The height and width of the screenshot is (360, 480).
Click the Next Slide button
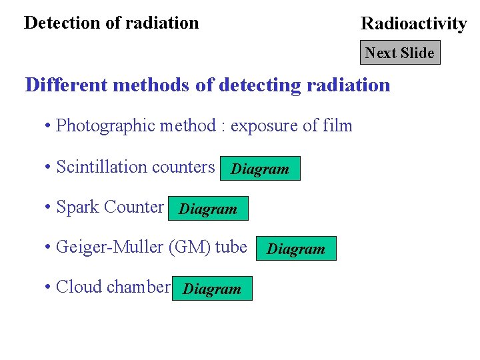400,53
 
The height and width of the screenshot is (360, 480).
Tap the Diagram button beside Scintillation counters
260,169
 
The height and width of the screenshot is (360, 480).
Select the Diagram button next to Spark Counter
208,209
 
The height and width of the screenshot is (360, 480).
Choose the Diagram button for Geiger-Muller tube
296,249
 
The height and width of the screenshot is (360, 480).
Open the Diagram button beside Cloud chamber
212,289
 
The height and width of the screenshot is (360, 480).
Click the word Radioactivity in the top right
413,24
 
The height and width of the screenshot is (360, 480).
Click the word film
337,125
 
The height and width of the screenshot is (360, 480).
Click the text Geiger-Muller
111,247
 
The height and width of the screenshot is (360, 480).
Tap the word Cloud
79,287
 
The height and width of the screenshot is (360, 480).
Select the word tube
231,247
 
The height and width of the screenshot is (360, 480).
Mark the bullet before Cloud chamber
48,287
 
